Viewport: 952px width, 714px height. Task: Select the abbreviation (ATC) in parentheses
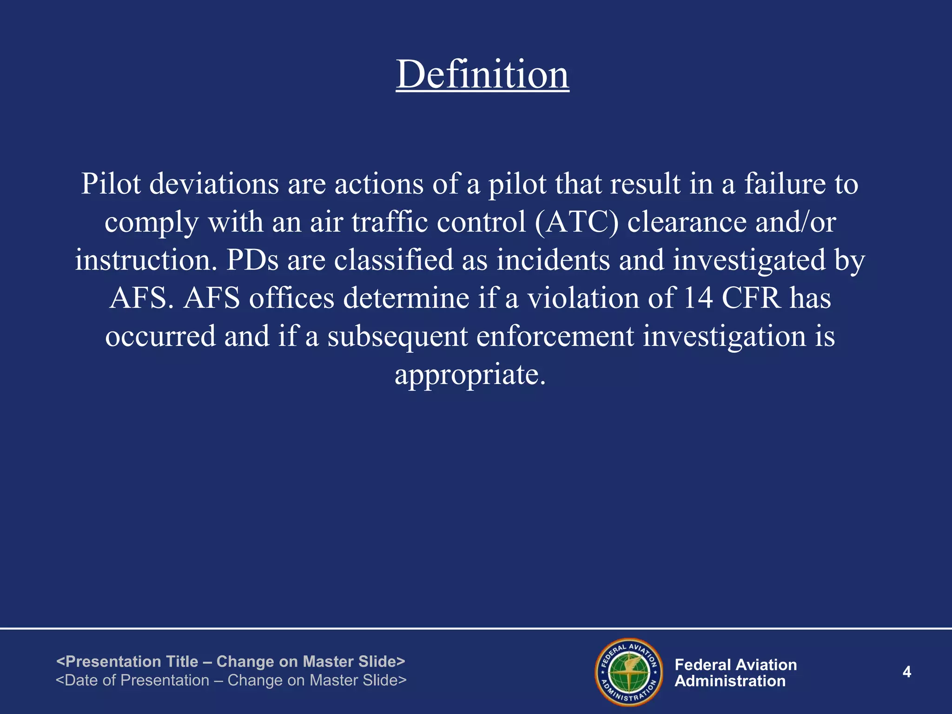pyautogui.click(x=576, y=222)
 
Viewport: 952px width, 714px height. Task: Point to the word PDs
pyautogui.click(x=252, y=260)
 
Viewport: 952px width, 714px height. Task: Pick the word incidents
pyautogui.click(x=553, y=260)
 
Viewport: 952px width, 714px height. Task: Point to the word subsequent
pyautogui.click(x=397, y=336)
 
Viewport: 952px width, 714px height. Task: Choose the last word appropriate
pyautogui.click(x=469, y=374)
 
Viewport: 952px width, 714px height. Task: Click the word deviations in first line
pyautogui.click(x=214, y=184)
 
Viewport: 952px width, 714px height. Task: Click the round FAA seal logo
pyautogui.click(x=628, y=672)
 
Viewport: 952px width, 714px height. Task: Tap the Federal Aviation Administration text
pyautogui.click(x=735, y=673)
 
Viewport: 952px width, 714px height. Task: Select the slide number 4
pyautogui.click(x=906, y=672)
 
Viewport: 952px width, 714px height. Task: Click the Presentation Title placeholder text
pyautogui.click(x=231, y=661)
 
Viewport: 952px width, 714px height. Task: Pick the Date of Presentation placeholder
pyautogui.click(x=231, y=680)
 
